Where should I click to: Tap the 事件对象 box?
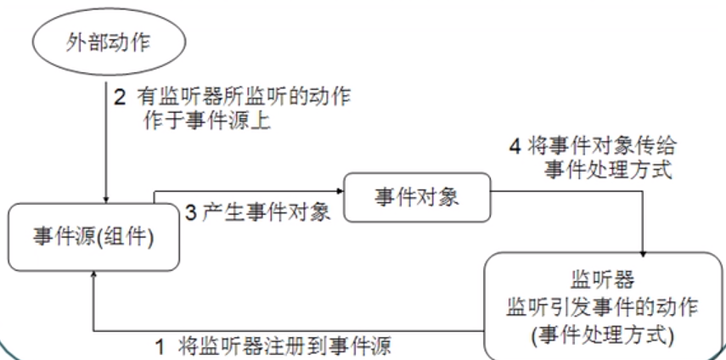[x=417, y=198]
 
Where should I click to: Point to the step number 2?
[x=120, y=96]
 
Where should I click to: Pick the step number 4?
[x=513, y=146]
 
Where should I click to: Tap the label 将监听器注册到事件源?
[x=286, y=346]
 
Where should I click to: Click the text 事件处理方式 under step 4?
[x=608, y=170]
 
